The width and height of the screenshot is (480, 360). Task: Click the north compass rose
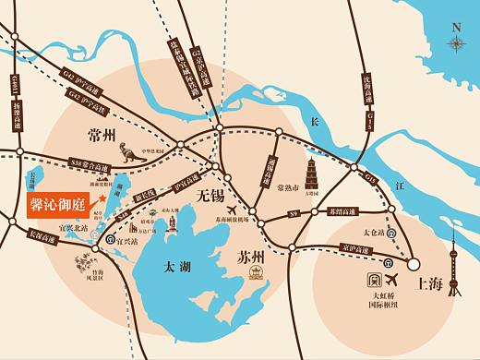click(x=456, y=42)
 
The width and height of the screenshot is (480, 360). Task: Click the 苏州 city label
click(x=250, y=255)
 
